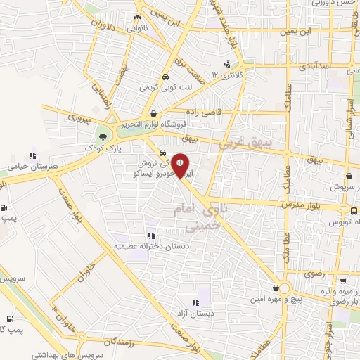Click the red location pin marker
181,165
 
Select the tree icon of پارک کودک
104,137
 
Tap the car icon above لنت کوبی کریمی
165,77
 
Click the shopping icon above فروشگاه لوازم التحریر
154,112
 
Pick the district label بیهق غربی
243,141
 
